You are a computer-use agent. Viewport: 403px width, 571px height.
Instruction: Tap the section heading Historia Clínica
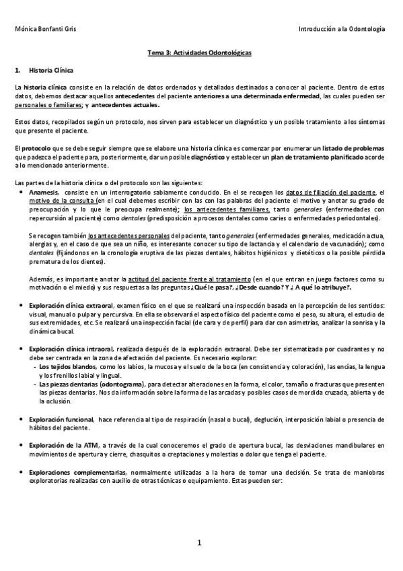click(52, 70)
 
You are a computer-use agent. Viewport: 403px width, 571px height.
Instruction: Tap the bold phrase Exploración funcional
click(61, 419)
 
